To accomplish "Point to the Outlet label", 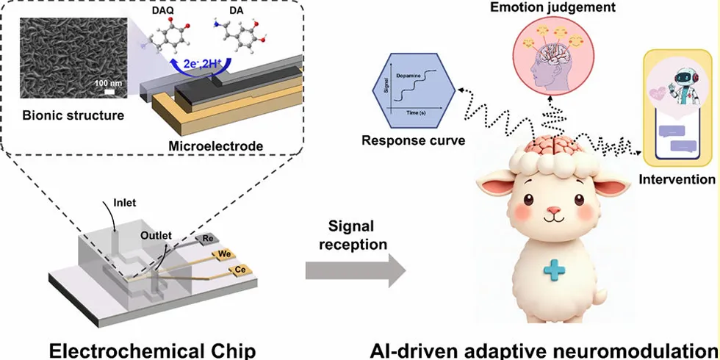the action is (x=156, y=235).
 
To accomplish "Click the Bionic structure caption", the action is (x=63, y=115).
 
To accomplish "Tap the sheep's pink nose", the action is (x=554, y=211).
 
